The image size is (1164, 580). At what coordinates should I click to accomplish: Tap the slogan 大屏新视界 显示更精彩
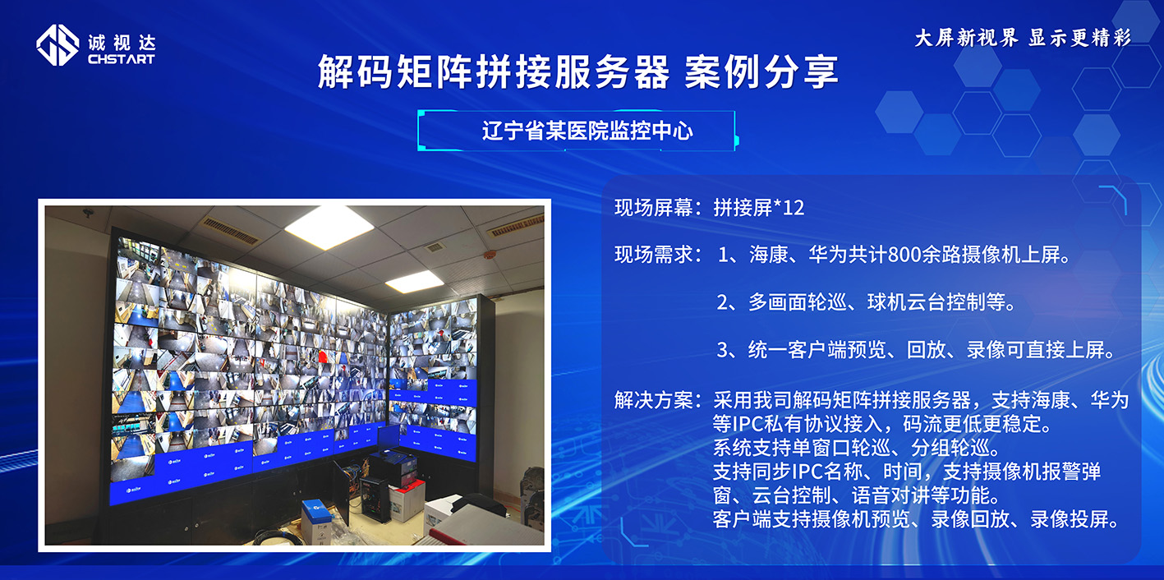(x=1022, y=38)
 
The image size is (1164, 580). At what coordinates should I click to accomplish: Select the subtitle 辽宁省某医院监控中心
(x=587, y=131)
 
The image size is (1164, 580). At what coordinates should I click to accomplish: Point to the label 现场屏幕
(x=653, y=208)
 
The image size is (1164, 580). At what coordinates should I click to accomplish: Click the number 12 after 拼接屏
(x=794, y=208)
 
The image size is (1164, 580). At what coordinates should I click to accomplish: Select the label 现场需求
(x=653, y=255)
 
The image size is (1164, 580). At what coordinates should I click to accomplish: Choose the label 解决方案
(x=653, y=401)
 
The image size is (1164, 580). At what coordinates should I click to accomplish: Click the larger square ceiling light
(x=329, y=226)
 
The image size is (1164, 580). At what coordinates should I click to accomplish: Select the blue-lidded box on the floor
(x=316, y=519)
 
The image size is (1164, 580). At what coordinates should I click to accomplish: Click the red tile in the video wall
(x=323, y=357)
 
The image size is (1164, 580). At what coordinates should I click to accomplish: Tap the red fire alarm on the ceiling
(x=490, y=254)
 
